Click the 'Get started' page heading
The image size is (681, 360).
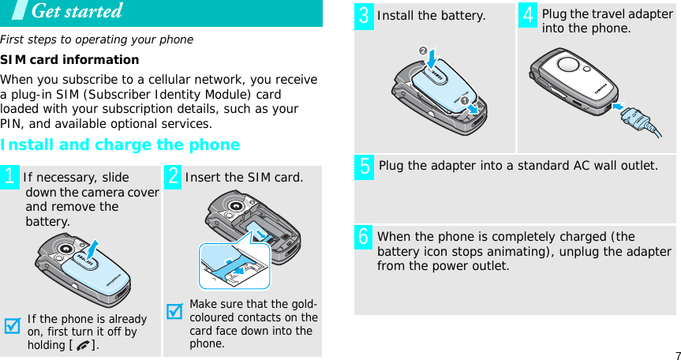coord(77,12)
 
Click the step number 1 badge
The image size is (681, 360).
coord(11,177)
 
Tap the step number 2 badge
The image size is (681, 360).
coord(174,177)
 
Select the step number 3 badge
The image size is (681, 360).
coord(364,16)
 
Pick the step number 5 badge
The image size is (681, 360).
coord(364,167)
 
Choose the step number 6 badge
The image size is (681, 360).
coord(364,237)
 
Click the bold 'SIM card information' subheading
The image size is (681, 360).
coord(69,60)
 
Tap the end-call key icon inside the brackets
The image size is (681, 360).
coord(84,346)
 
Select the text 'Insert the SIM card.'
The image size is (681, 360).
coord(243,178)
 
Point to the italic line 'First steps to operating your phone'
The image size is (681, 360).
coord(96,39)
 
